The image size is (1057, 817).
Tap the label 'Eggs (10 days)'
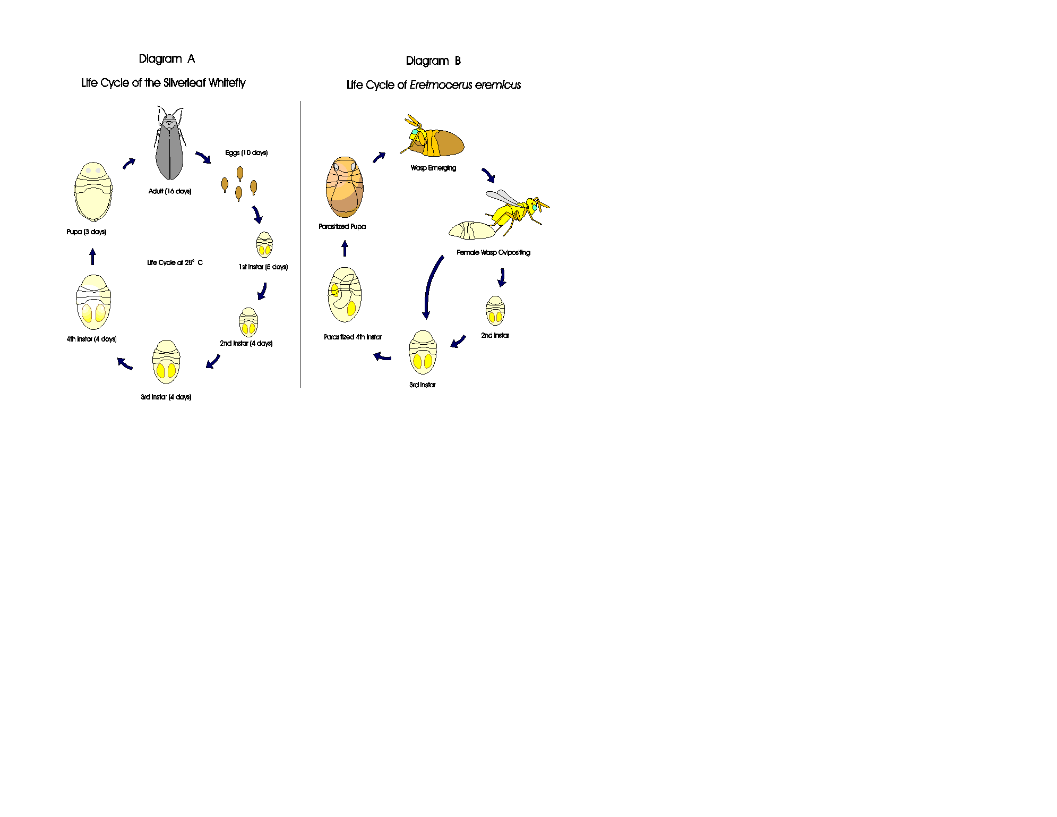point(246,153)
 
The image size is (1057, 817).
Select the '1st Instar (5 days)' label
point(263,267)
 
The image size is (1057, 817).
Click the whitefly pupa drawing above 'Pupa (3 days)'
point(93,192)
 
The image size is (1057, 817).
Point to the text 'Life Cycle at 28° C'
point(175,263)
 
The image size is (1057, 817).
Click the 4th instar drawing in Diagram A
point(93,302)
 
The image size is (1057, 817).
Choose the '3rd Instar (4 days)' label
point(166,397)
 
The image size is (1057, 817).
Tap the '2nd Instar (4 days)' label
point(246,344)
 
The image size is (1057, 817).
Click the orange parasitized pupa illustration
point(345,187)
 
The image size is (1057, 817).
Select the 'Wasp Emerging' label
point(433,168)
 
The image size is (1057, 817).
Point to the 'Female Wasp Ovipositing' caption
point(493,253)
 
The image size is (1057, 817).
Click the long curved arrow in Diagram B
point(430,287)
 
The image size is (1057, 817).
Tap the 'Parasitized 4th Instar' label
point(353,337)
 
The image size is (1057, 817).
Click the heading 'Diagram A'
point(167,59)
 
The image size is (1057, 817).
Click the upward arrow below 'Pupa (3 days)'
point(93,257)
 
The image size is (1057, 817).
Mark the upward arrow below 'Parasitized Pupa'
point(345,248)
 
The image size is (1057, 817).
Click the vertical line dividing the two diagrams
point(300,244)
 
